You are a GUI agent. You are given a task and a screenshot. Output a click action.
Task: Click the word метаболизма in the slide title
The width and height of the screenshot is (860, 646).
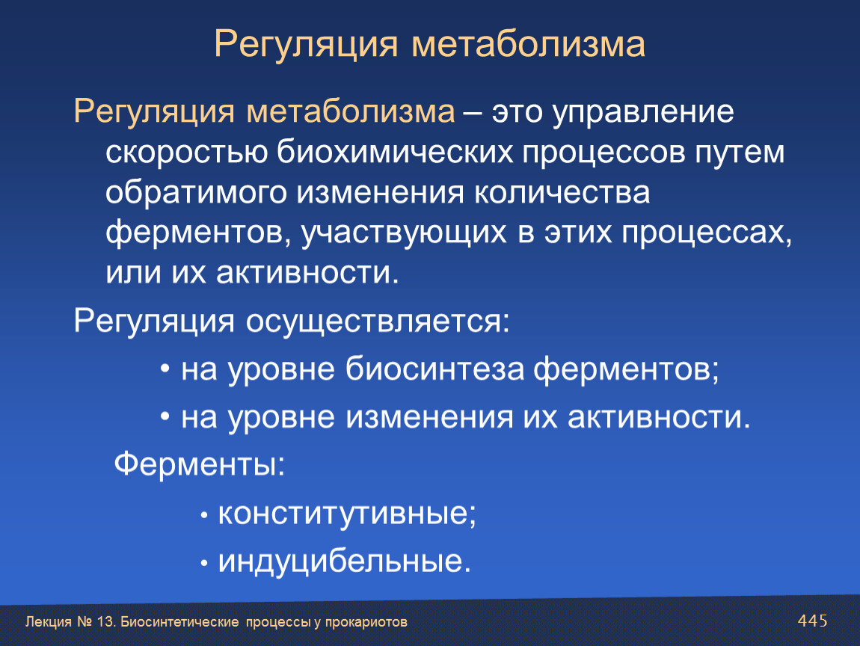coord(528,45)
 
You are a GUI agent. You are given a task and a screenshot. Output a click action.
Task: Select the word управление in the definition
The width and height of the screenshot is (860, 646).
coord(643,113)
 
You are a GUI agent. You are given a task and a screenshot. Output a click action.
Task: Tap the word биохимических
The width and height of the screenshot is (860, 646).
coord(394,153)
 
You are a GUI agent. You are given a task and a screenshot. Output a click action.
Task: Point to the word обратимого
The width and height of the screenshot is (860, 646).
coord(196,194)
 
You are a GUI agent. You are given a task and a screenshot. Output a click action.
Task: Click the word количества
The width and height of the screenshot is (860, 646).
coord(562,194)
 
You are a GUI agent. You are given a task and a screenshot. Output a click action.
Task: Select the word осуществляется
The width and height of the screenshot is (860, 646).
coord(378,322)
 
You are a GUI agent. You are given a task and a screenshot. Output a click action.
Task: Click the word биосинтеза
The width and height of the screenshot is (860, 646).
coord(435,369)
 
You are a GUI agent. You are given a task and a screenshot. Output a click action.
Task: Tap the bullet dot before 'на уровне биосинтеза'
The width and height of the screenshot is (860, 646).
coord(165,369)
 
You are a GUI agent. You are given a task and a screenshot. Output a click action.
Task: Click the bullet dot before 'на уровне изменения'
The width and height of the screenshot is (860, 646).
coord(165,416)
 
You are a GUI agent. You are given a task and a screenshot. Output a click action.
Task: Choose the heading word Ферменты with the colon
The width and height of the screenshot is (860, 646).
coord(200,464)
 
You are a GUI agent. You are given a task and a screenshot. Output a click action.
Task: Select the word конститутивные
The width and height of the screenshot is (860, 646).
coord(347,514)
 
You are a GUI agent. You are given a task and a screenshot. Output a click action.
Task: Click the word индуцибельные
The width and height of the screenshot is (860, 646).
coord(345,562)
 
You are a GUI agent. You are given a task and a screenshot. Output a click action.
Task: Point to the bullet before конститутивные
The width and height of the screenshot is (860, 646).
coord(204,516)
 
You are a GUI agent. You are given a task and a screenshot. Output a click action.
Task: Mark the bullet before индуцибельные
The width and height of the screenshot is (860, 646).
coord(204,563)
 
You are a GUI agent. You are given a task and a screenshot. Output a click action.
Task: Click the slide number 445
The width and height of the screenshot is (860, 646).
coord(812,621)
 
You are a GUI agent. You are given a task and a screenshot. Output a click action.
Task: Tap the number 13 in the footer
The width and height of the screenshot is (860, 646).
coord(105,622)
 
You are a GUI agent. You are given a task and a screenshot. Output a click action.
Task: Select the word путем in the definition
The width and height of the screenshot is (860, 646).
coord(740,153)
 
